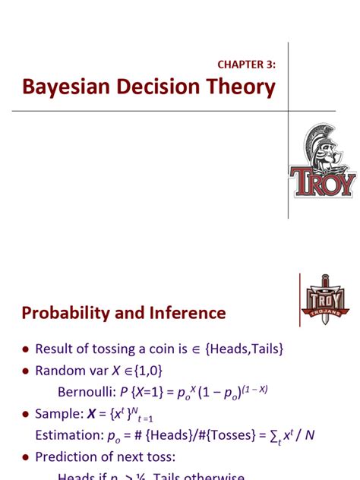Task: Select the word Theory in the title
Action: (243, 88)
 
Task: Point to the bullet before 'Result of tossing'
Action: (26, 349)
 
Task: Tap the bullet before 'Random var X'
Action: (26, 371)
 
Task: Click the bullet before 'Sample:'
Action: (26, 415)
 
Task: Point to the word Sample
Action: (59, 414)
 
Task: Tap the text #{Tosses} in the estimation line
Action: (223, 436)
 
